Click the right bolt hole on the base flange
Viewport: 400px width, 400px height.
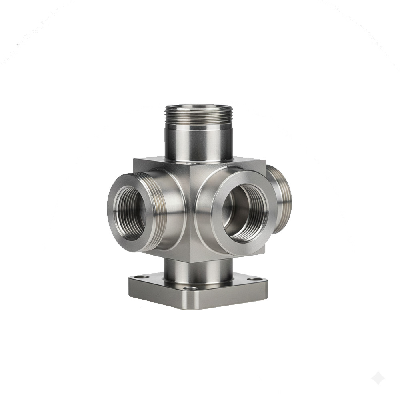click(252, 279)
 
